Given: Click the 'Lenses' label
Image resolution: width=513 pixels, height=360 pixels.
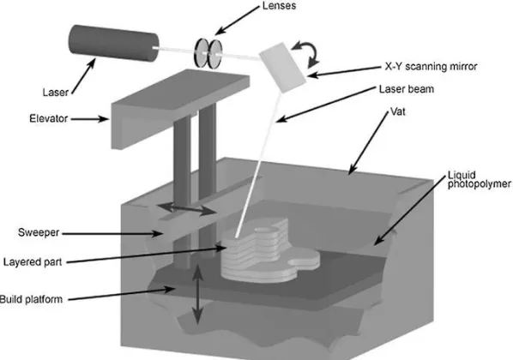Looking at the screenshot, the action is (279, 6).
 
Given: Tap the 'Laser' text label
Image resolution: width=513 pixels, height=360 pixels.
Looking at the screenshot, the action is (55, 93).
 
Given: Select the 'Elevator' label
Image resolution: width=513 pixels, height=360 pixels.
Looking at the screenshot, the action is (48, 118).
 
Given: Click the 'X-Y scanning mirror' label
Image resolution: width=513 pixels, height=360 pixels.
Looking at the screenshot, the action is (431, 67).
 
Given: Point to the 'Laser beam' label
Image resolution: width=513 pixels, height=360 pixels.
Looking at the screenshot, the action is (407, 89).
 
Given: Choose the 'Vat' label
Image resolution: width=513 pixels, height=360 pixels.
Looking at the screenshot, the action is (398, 111).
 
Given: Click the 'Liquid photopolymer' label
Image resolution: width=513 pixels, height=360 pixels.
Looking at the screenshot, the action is (480, 179).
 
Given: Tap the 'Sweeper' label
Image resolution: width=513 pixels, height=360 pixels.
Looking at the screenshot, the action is (39, 233).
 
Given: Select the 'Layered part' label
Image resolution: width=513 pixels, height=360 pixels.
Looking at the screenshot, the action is (33, 262).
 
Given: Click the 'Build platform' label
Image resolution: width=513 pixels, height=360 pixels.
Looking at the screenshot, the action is (31, 299).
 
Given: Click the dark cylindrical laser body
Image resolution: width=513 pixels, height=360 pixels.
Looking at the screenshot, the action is (113, 43).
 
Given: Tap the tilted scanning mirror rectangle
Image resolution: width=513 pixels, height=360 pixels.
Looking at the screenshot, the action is (283, 68).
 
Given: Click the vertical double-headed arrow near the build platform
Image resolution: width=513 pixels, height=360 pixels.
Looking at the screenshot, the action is (197, 294).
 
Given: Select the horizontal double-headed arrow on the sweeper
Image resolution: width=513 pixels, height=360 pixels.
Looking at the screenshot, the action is (185, 208).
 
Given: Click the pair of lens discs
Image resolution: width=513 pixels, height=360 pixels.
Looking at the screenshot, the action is (208, 53).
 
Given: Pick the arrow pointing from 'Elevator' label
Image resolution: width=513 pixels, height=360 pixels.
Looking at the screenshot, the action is (90, 119).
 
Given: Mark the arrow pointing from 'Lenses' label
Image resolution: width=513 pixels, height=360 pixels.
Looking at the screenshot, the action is (237, 21).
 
